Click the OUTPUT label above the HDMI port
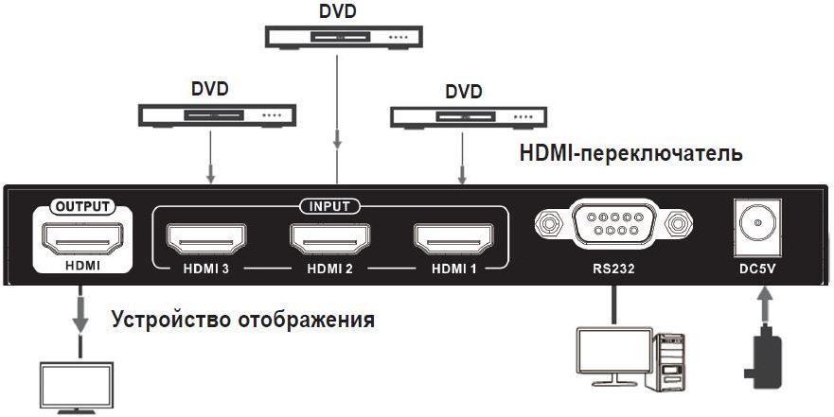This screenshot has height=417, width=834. (82, 206)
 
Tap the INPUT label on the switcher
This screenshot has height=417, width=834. (329, 206)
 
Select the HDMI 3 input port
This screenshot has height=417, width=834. (206, 240)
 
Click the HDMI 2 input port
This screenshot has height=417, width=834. (329, 240)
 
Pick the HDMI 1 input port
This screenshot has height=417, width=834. (454, 240)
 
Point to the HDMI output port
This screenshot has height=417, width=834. (82, 240)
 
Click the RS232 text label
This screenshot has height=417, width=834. (613, 269)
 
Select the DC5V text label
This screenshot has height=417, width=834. (758, 269)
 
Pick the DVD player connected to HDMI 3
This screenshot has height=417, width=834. (217, 115)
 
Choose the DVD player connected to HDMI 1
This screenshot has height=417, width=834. (469, 117)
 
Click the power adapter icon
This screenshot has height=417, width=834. (763, 358)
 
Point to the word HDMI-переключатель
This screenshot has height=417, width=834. (630, 154)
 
